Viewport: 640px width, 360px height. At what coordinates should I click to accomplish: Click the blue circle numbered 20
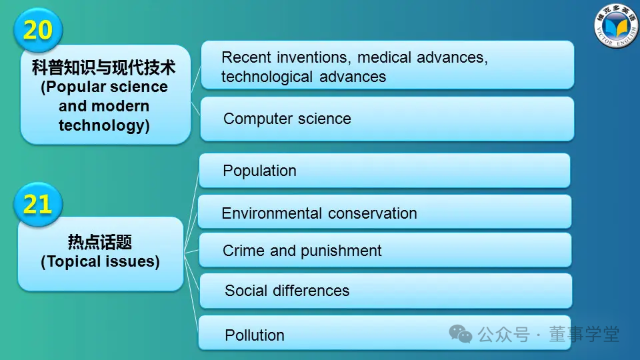tap(38, 29)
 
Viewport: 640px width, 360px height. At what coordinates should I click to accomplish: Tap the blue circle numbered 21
tap(38, 204)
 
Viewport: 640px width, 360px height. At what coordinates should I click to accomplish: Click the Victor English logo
tap(616, 26)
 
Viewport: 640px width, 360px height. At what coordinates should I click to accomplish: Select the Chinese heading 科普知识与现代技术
tap(104, 67)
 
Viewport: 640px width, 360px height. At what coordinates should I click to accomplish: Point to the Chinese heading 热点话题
tap(100, 242)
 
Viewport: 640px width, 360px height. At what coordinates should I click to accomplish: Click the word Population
tap(259, 171)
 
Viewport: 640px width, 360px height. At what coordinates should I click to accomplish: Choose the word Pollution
tap(254, 335)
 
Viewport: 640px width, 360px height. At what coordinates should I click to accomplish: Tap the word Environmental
tap(272, 213)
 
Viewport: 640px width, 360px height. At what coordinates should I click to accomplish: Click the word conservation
tap(372, 213)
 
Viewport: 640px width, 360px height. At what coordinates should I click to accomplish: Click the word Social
tap(246, 291)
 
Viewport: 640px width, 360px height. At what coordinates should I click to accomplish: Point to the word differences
tap(311, 291)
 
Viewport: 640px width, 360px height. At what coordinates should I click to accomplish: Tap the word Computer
tap(258, 119)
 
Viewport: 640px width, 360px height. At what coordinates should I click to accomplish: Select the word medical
tap(383, 57)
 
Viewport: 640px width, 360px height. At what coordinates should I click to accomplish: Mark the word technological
tap(267, 77)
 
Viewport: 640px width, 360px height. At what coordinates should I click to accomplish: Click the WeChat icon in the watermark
tap(461, 334)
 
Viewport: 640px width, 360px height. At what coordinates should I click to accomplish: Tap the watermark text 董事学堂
tap(584, 334)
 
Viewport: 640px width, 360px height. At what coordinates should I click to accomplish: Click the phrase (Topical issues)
tap(100, 261)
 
